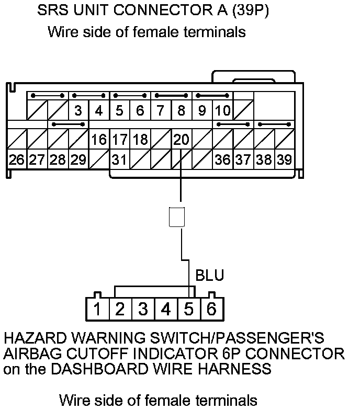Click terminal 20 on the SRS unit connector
pyautogui.click(x=181, y=140)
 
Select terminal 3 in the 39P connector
pyautogui.click(x=78, y=111)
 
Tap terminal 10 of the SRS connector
pyautogui.click(x=222, y=111)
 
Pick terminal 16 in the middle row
pyautogui.click(x=99, y=140)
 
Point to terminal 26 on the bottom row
pyautogui.click(x=17, y=160)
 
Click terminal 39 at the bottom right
pyautogui.click(x=284, y=160)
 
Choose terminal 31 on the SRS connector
pyautogui.click(x=120, y=160)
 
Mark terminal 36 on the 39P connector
pyautogui.click(x=222, y=160)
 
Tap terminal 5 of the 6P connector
pyautogui.click(x=189, y=309)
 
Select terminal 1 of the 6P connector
pyautogui.click(x=97, y=309)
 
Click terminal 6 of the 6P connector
pyautogui.click(x=211, y=309)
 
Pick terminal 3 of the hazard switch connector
pyautogui.click(x=143, y=309)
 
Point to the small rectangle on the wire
pyautogui.click(x=176, y=217)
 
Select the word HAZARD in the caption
pyautogui.click(x=32, y=337)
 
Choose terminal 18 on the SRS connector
pyautogui.click(x=140, y=140)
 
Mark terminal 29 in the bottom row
pyautogui.click(x=78, y=160)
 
